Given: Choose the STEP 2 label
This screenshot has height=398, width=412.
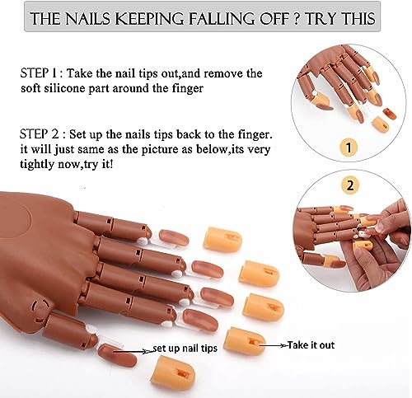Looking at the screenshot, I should pos(40,132).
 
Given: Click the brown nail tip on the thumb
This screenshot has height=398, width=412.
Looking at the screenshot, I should pos(116,355).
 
